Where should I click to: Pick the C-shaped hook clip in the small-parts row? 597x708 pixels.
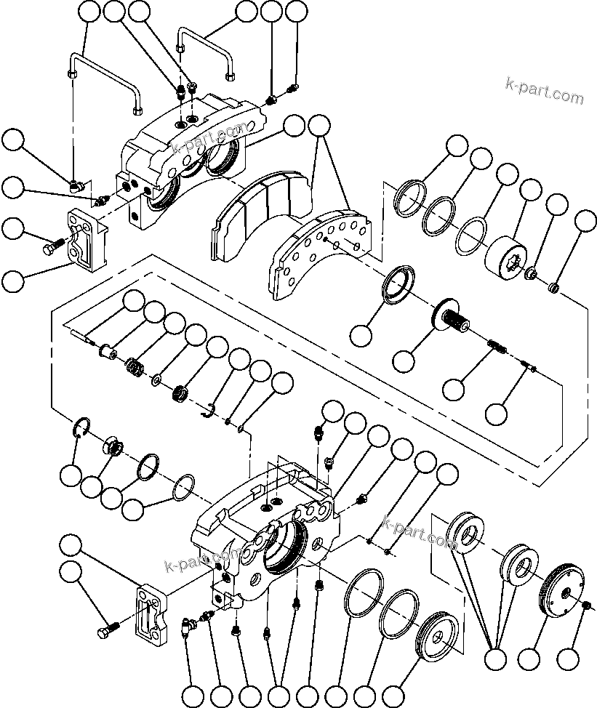click(208, 411)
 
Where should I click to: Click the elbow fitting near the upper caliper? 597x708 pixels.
click(77, 185)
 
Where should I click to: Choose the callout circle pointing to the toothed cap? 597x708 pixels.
click(529, 660)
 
